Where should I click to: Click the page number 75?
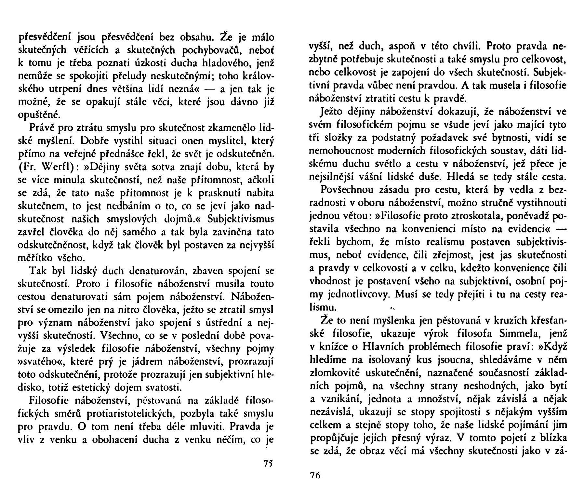tap(268, 463)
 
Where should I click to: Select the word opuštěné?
tap(38, 115)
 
